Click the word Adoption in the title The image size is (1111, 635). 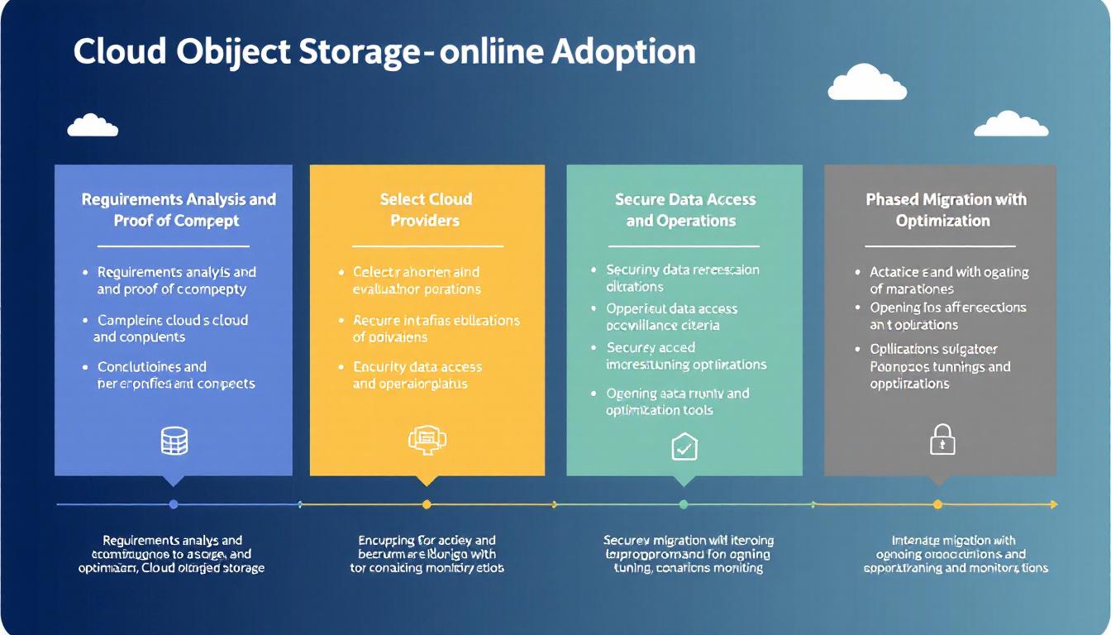point(623,51)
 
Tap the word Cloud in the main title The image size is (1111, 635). point(119,51)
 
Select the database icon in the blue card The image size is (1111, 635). point(174,442)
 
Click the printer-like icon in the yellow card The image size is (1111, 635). point(427,440)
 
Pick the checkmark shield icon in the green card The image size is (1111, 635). point(684,447)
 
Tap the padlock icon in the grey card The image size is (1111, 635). point(942,440)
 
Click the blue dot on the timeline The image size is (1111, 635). point(174,504)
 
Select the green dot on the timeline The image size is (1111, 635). point(684,504)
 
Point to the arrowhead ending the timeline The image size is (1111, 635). point(1053,504)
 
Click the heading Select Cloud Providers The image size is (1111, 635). point(426,210)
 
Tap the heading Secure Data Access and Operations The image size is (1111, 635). point(684,210)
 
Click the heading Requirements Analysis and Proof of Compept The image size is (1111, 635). point(178,210)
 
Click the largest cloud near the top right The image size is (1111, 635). point(867,83)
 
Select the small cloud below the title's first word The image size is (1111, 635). point(93,126)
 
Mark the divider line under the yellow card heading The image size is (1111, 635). point(427,246)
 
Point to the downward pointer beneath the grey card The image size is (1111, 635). point(937,480)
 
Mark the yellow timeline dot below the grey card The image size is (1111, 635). point(937,504)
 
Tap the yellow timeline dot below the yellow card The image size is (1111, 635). point(427,504)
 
